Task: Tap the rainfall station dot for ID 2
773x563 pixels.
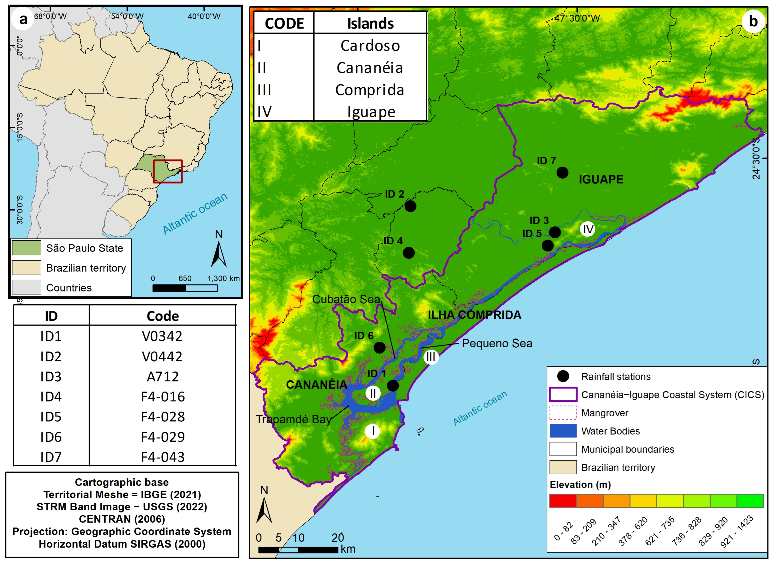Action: tap(410, 206)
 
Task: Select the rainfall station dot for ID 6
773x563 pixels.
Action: tap(379, 348)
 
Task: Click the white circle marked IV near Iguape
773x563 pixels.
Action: tap(587, 229)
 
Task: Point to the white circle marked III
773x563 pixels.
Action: tap(431, 357)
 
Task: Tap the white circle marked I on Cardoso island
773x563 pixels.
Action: tap(373, 431)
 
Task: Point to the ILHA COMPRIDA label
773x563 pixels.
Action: tap(474, 315)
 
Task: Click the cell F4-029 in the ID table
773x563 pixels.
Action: tap(163, 437)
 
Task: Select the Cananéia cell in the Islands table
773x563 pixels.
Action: tap(370, 68)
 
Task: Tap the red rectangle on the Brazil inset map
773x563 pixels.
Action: tap(167, 171)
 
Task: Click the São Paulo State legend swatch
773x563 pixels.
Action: tap(26, 248)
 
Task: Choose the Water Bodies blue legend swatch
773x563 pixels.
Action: tap(563, 431)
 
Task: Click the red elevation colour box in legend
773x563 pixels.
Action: tap(563, 501)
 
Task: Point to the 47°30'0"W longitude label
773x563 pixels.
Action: tap(577, 18)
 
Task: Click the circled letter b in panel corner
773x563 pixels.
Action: tap(753, 21)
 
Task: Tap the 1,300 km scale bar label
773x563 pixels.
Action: tap(223, 278)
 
